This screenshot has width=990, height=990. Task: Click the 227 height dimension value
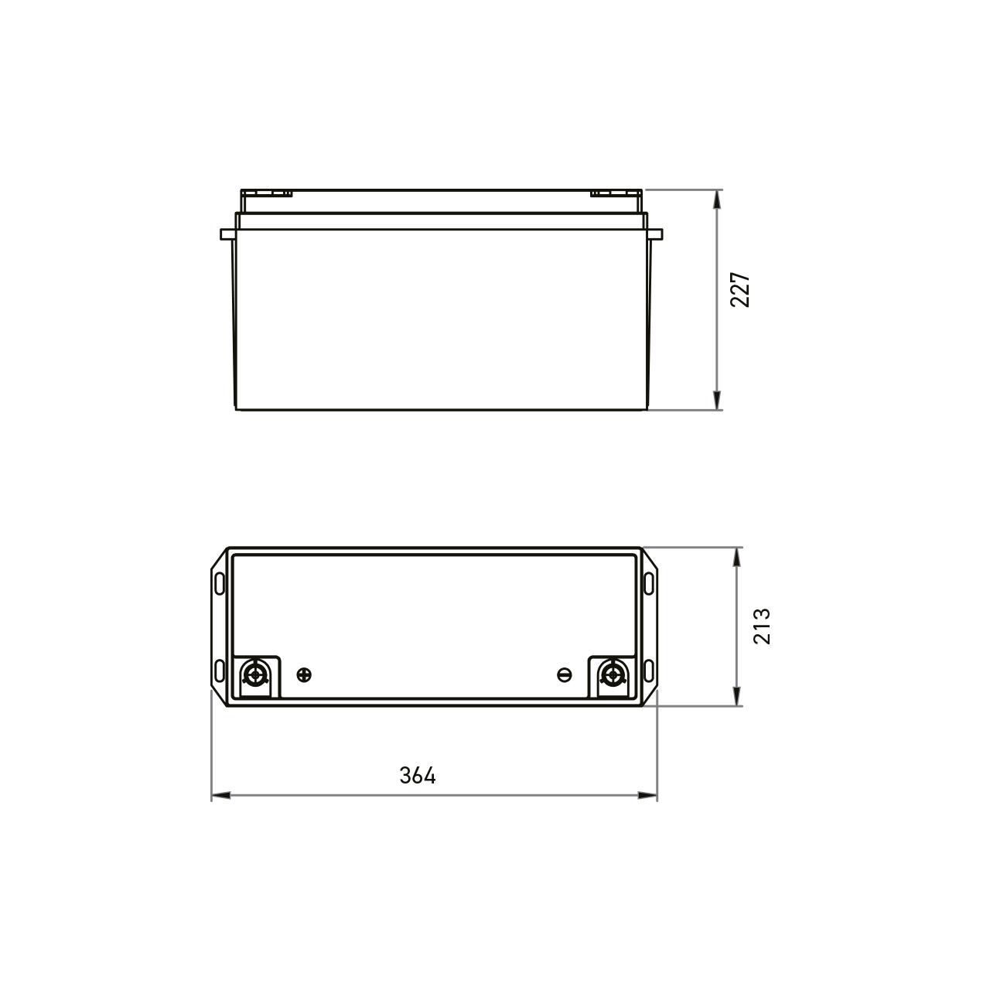tap(741, 290)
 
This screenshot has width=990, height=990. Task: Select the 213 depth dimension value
tap(762, 626)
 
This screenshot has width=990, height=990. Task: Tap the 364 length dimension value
tap(418, 776)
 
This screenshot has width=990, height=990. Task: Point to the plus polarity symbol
tap(305, 675)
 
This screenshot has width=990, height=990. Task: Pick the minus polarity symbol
tap(565, 675)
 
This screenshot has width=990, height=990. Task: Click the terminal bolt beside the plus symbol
tap(254, 675)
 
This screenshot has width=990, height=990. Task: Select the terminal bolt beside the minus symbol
tap(613, 675)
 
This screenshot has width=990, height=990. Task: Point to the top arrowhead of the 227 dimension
tap(719, 198)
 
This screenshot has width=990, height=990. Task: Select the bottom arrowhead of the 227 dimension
tap(719, 401)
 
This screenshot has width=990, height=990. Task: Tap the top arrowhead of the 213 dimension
tap(737, 556)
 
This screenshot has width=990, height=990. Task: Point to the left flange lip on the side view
tap(227, 234)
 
